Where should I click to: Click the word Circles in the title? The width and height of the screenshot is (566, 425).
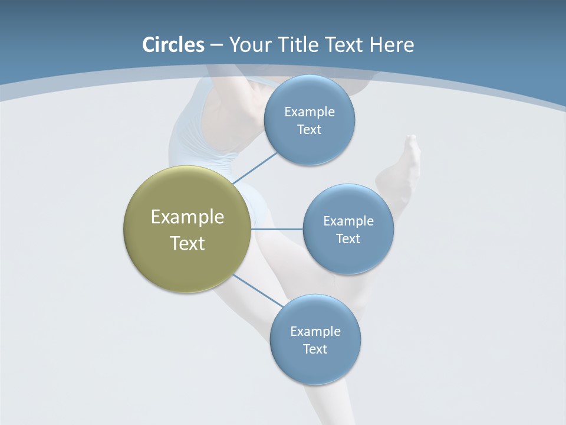click(173, 45)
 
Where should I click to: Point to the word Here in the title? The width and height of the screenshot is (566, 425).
click(391, 45)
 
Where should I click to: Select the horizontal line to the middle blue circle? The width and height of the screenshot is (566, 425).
click(277, 228)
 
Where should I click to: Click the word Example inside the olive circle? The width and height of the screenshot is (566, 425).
click(187, 217)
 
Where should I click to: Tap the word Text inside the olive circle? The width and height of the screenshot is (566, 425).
click(187, 243)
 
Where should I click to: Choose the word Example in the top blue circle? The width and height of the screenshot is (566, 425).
click(310, 112)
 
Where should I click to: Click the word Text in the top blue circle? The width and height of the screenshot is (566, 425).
click(310, 130)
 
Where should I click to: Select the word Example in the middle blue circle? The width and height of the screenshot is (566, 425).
click(348, 221)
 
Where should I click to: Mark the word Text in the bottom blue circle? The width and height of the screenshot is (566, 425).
click(315, 349)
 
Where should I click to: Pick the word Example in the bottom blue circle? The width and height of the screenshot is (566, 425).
click(315, 332)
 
